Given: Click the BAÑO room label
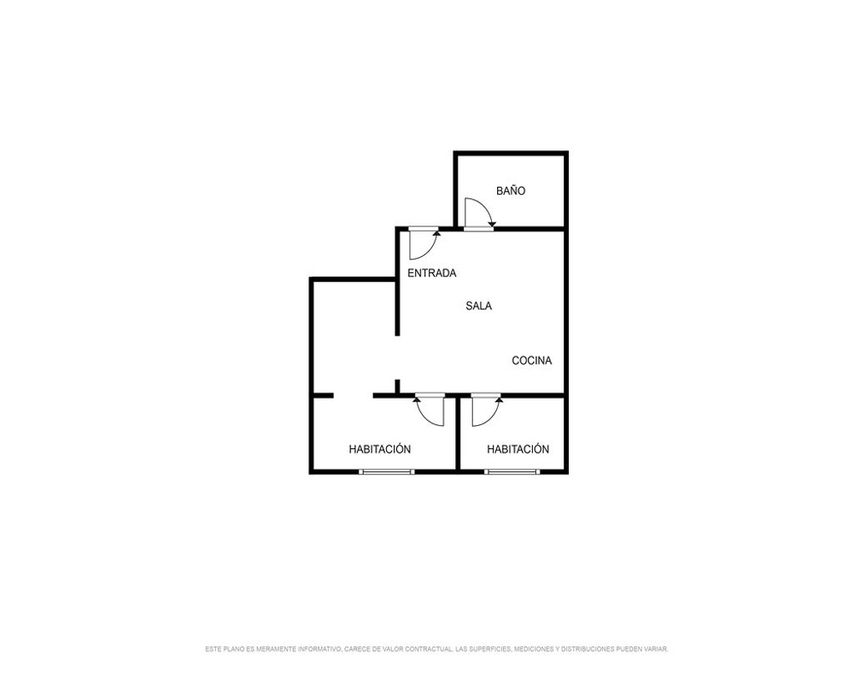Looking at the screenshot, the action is point(511,190).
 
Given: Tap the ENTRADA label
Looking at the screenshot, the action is point(432,273).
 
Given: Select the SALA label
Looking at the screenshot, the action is point(479,306).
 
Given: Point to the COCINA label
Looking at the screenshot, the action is point(531,360).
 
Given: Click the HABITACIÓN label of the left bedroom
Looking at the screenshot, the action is point(380,449).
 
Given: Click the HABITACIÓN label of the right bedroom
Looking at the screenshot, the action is point(518,449).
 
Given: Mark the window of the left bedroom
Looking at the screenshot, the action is point(386,471).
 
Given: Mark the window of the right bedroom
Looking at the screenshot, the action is point(512,471).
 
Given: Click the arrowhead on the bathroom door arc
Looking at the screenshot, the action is point(492,224).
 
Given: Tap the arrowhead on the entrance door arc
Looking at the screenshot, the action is point(436,233).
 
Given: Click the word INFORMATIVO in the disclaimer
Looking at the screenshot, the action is point(320,649).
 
